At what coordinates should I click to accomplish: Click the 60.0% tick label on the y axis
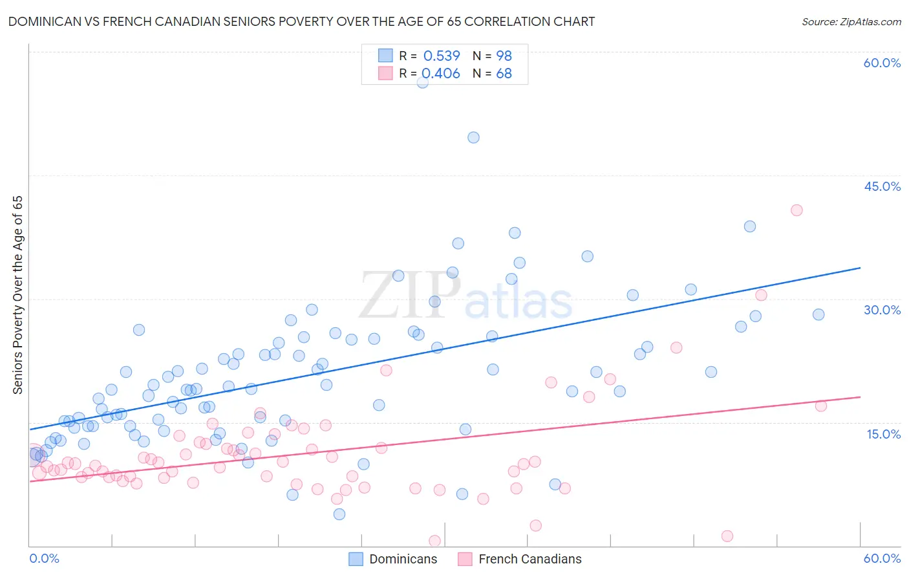click(882, 63)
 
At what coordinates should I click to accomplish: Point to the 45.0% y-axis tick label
click(882, 186)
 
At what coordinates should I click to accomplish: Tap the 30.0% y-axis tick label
click(882, 310)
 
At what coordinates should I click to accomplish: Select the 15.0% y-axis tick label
click(883, 434)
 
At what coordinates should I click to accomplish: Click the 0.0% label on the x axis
click(44, 558)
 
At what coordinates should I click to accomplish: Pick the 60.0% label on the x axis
click(882, 558)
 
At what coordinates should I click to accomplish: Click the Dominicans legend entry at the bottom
click(393, 559)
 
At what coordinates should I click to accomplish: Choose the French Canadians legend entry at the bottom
click(520, 559)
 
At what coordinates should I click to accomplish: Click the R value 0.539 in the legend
click(442, 56)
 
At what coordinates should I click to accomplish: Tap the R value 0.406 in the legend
click(441, 74)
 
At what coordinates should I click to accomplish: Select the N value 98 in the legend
click(504, 56)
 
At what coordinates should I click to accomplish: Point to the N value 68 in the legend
click(504, 74)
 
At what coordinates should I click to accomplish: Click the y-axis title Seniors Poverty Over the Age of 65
click(18, 295)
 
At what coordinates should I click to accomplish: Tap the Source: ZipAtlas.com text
click(851, 21)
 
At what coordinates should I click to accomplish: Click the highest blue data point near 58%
click(422, 82)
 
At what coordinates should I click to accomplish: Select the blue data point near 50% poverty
click(473, 137)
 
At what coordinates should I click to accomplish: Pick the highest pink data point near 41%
click(797, 210)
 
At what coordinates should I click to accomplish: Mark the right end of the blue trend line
click(860, 267)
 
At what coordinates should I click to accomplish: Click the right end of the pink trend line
click(860, 397)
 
